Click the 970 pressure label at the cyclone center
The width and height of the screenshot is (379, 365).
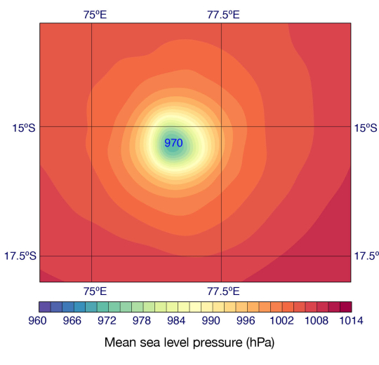tap(173, 143)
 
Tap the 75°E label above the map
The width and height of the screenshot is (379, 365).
tap(95, 14)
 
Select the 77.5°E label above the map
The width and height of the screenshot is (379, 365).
tap(223, 14)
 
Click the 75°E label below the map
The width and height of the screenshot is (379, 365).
tap(95, 291)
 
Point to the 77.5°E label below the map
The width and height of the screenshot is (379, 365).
tap(223, 291)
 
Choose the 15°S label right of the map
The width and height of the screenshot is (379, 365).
tap(366, 128)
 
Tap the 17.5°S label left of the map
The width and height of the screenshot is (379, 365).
tap(19, 256)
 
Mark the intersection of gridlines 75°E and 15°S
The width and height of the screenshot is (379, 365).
tap(91, 127)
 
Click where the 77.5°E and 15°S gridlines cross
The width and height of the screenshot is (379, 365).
tap(221, 127)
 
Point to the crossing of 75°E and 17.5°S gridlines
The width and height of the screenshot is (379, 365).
tap(91, 256)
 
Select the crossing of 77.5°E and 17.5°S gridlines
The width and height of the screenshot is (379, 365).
tap(221, 256)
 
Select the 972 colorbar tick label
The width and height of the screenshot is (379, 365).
tap(107, 321)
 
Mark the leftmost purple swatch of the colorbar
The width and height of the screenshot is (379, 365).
tap(44, 306)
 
